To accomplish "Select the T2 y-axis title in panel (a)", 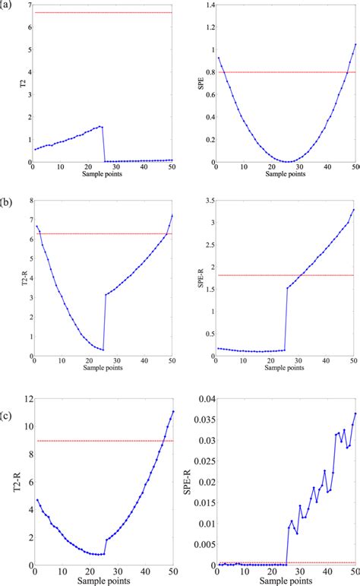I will click(x=11, y=84).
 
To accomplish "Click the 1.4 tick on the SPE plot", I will click(x=207, y=5).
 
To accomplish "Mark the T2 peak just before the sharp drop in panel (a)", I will click(x=101, y=126).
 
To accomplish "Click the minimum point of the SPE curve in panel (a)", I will click(x=286, y=162).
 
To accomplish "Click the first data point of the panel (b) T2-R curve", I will click(x=36, y=226).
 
